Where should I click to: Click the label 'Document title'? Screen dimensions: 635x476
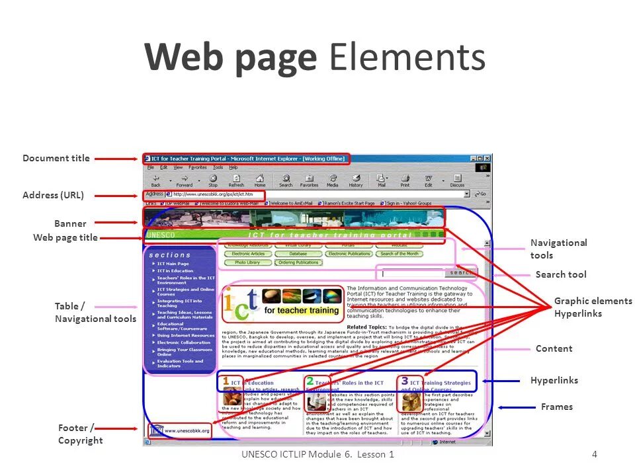[56, 158]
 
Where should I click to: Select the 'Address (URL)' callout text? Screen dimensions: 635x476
[53, 195]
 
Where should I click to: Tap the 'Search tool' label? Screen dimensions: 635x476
[560, 274]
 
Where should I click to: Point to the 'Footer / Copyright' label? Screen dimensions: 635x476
[80, 434]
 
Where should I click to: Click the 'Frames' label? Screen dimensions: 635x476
[556, 407]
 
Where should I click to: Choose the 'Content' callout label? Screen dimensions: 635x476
[554, 348]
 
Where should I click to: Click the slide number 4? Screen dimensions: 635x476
[595, 454]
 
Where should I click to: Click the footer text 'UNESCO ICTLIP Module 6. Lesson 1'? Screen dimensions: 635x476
[317, 454]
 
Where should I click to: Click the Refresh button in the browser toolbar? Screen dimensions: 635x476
[236, 180]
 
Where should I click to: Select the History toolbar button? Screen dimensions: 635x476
[356, 180]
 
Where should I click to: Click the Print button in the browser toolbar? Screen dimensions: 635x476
[405, 180]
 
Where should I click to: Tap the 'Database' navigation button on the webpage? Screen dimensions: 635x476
[298, 254]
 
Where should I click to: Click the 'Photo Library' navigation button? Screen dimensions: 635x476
[247, 262]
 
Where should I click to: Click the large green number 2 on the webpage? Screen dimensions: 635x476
[310, 381]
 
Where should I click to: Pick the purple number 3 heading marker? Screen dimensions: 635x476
[404, 381]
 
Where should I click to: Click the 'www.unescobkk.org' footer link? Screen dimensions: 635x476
[186, 431]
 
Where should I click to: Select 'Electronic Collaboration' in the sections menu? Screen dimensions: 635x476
[183, 342]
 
